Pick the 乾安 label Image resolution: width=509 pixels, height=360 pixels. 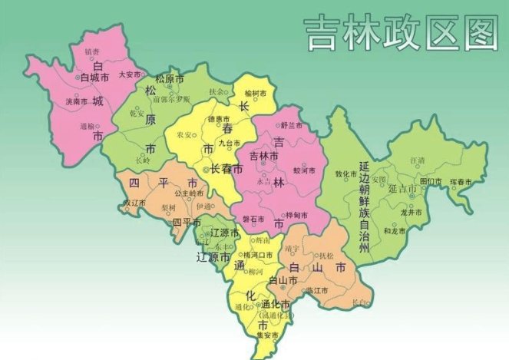tap(138, 112)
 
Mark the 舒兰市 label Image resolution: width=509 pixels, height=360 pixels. tap(291, 124)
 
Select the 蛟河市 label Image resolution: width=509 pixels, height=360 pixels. tap(305, 170)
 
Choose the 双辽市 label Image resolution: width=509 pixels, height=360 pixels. tap(135, 203)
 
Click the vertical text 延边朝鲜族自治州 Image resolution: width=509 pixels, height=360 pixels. tap(365, 207)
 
